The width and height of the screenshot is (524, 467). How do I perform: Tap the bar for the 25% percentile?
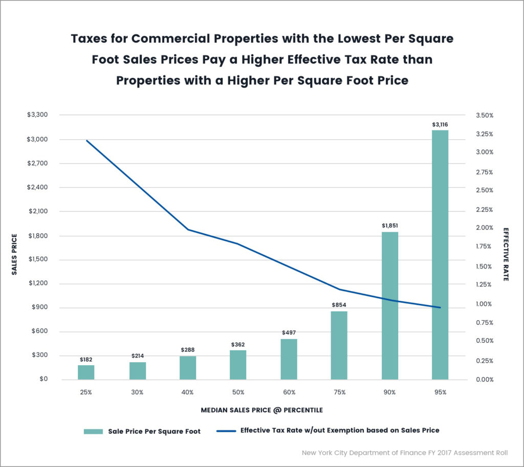[86, 372]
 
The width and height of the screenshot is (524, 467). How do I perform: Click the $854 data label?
[339, 305]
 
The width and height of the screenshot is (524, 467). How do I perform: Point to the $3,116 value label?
[440, 124]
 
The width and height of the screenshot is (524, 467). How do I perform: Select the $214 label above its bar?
[137, 355]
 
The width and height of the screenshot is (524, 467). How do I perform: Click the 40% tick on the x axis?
[187, 392]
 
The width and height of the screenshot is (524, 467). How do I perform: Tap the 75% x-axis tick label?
[339, 392]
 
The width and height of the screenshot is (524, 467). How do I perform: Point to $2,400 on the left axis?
[37, 187]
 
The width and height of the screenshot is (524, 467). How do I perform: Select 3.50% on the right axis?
[484, 116]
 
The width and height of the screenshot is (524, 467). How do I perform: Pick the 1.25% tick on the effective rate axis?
[484, 284]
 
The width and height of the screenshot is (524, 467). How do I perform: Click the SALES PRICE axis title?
[15, 255]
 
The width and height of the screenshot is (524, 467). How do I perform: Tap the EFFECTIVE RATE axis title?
[506, 254]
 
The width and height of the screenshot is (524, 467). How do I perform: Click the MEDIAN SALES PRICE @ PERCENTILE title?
[261, 410]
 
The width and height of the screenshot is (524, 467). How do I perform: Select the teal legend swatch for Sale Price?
[93, 431]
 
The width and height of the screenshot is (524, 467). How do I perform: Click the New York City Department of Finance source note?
[405, 453]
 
